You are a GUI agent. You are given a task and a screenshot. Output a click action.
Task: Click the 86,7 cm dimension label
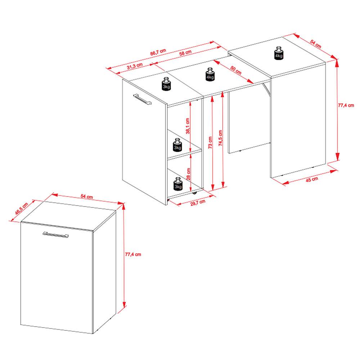(158, 53)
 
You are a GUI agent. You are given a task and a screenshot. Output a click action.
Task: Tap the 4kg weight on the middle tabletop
(210, 75)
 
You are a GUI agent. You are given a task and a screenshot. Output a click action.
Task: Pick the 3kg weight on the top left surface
(166, 84)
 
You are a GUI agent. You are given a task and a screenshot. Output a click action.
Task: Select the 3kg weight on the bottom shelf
(178, 184)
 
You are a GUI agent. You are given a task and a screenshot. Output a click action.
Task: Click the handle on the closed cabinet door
(56, 234)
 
